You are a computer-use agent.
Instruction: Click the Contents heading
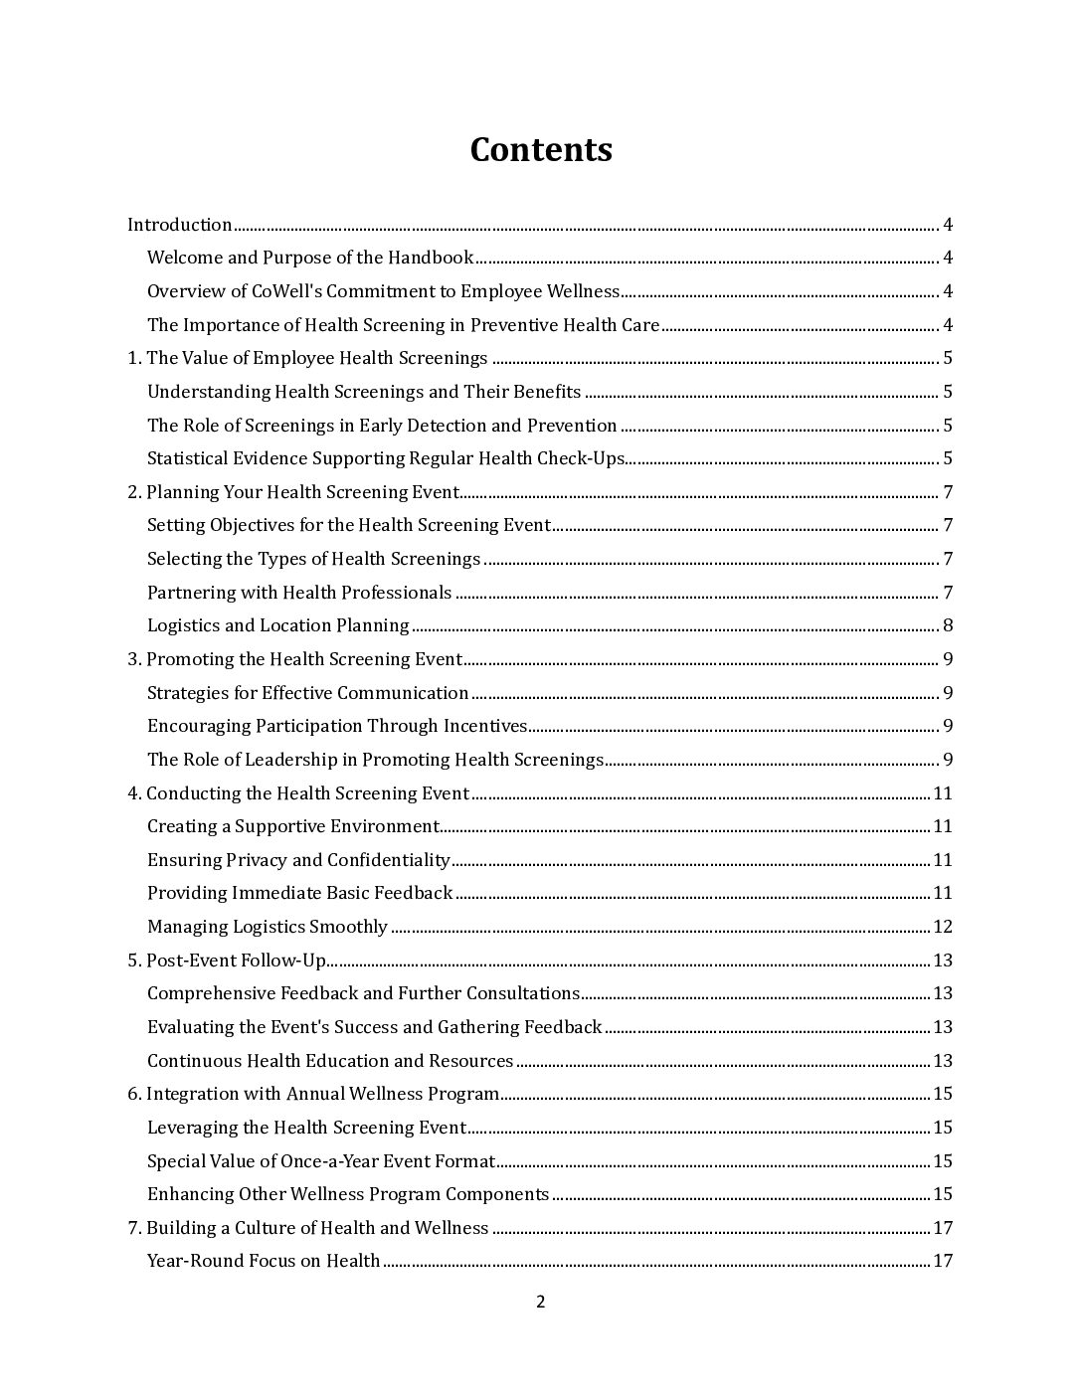point(541,150)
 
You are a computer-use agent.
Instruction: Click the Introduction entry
point(180,225)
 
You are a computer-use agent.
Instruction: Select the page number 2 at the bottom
point(541,1303)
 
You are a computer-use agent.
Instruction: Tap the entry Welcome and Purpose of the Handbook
point(310,259)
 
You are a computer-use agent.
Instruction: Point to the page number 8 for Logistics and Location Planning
point(948,626)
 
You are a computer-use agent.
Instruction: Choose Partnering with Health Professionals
point(299,593)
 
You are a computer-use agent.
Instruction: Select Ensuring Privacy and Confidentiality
point(298,860)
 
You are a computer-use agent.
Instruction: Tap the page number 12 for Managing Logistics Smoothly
point(943,927)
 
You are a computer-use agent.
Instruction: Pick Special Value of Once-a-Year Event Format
point(321,1161)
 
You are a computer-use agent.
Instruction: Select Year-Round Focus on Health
point(264,1262)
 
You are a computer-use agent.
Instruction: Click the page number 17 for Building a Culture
point(943,1228)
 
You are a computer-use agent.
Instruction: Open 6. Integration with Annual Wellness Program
point(313,1095)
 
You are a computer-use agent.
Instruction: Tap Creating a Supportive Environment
point(293,826)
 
